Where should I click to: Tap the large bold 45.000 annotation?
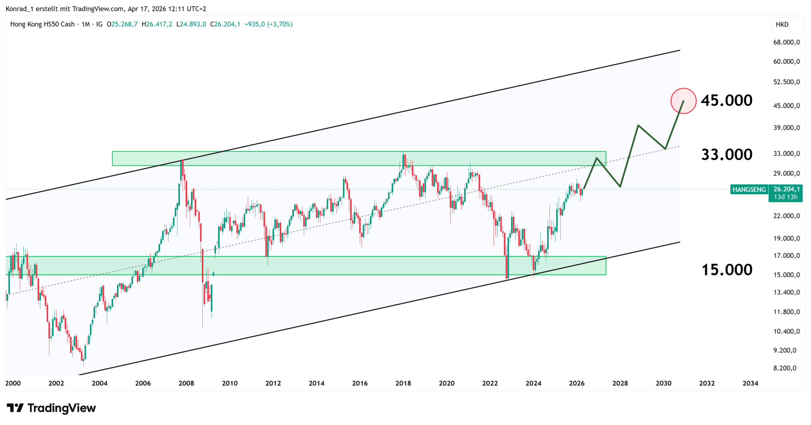point(726,100)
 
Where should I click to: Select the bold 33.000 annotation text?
point(727,155)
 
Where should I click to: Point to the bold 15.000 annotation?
point(727,270)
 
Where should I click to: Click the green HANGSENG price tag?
point(749,189)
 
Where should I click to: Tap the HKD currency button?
point(782,24)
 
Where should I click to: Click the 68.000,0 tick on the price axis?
point(786,42)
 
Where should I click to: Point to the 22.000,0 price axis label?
point(786,216)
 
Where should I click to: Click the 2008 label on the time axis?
point(186,383)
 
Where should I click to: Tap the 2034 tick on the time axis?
point(750,383)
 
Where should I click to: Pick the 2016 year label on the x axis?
point(360,383)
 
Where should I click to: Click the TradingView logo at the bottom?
point(51,408)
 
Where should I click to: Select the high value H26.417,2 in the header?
point(157,24)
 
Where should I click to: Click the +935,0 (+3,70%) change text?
point(268,24)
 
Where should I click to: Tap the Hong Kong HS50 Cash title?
point(42,24)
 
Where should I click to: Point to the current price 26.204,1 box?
point(786,189)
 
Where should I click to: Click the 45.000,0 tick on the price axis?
point(786,105)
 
